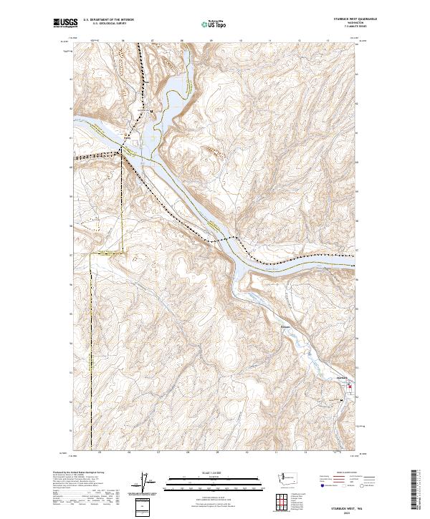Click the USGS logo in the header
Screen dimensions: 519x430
pyautogui.click(x=65, y=23)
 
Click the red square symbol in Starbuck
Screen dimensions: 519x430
pyautogui.click(x=350, y=387)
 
